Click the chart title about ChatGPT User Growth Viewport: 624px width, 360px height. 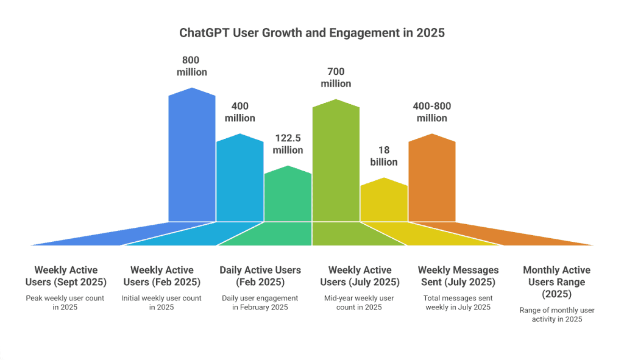[x=312, y=32]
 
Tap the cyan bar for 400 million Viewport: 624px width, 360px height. [x=239, y=180]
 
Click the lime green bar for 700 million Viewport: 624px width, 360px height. [x=336, y=161]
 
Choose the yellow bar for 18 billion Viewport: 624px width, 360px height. [x=384, y=201]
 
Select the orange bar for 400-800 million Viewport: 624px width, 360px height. [x=432, y=180]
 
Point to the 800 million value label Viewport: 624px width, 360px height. [x=192, y=66]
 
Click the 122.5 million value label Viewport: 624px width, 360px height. [x=288, y=144]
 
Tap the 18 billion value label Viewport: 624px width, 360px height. [x=384, y=156]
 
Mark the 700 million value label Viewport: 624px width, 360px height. [x=336, y=77]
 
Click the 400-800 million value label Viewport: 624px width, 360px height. [x=432, y=111]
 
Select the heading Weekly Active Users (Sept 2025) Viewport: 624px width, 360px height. [x=65, y=276]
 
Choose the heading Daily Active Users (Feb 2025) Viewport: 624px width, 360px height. [x=260, y=276]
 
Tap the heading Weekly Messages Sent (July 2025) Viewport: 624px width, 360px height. [x=458, y=276]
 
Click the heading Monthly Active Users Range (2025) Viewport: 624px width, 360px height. [x=556, y=281]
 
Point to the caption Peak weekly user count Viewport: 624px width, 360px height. [x=65, y=303]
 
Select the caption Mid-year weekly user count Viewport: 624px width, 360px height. [x=360, y=303]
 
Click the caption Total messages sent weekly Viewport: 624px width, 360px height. [x=458, y=303]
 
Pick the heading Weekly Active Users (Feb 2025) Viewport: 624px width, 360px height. [x=161, y=276]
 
